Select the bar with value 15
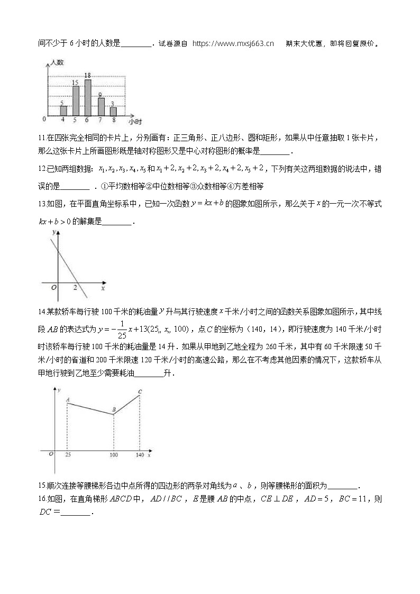point(76,100)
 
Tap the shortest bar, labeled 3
point(113,112)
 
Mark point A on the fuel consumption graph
point(68,400)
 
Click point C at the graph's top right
point(140,392)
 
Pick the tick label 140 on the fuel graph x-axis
point(140,455)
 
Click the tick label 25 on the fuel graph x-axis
point(68,455)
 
